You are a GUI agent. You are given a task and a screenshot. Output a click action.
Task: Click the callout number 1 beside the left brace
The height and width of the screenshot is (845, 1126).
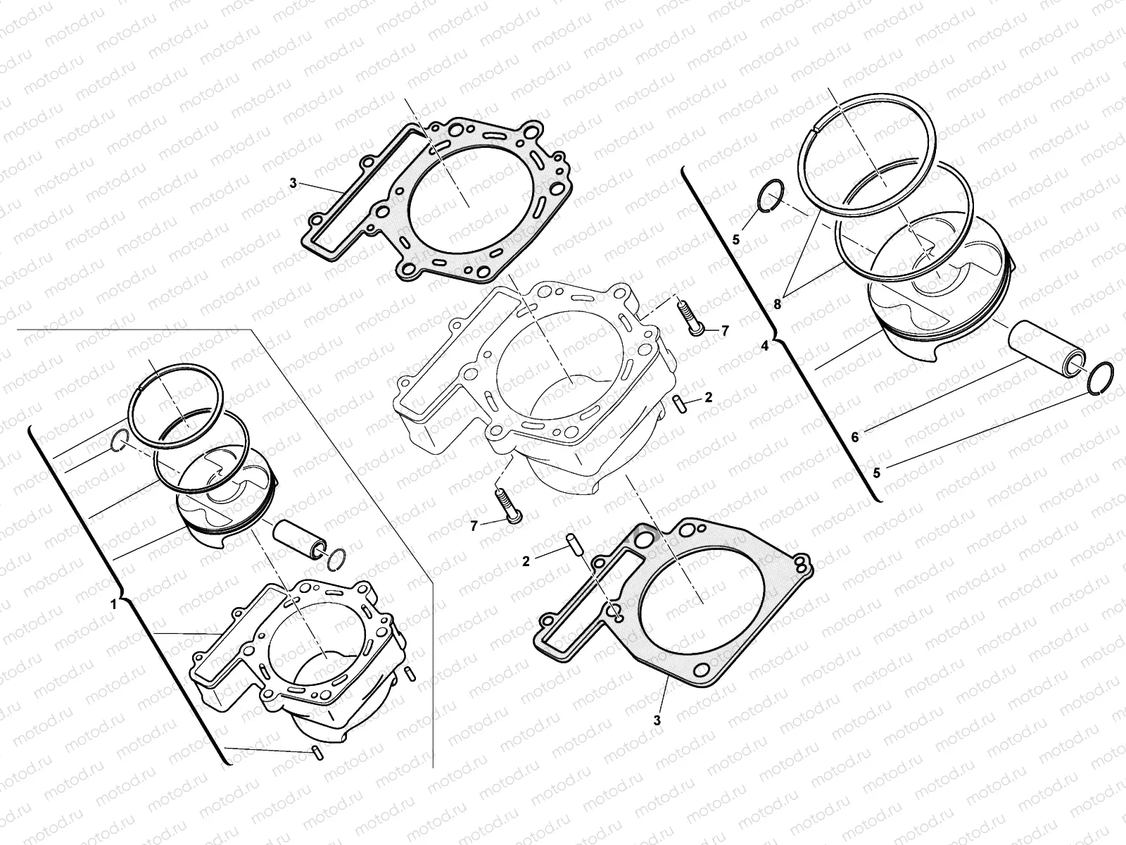pos(114,605)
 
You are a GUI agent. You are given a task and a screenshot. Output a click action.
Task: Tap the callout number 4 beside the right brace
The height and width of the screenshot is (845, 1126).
pos(765,346)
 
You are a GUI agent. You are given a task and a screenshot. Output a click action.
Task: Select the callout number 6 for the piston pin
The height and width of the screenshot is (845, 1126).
pos(854,437)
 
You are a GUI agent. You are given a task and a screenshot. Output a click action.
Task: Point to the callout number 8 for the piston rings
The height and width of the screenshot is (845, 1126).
pos(777,304)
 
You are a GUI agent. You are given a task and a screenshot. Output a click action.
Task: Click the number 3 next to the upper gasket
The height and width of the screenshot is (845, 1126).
pos(293,183)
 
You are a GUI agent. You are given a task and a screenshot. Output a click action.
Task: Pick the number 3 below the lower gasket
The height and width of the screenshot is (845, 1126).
pos(657,720)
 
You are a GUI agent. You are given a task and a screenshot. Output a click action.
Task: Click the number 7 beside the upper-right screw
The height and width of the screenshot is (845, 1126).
pos(725,332)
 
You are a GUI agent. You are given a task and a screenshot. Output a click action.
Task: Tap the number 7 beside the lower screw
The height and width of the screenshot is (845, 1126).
pos(474,525)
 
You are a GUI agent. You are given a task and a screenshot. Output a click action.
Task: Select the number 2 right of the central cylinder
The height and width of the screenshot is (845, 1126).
pos(709,397)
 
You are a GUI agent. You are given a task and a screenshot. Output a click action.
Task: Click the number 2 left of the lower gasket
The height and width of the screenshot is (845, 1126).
pos(526,561)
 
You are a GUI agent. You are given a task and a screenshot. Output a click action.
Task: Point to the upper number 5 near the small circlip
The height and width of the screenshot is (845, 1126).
pos(736,239)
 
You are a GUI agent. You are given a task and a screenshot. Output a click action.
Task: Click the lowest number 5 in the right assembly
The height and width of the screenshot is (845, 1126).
pos(877,473)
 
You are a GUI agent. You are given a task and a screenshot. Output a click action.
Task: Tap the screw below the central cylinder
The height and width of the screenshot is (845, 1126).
pos(508,506)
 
